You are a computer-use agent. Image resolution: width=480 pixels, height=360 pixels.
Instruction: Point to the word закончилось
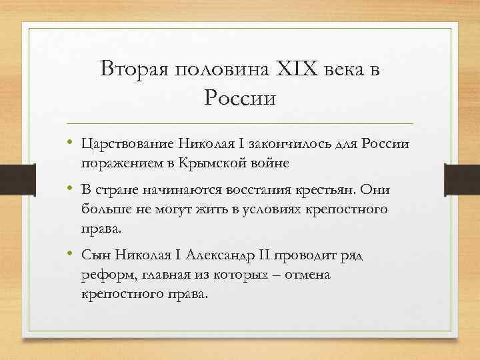click(x=289, y=144)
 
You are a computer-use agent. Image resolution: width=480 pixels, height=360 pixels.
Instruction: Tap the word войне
click(x=272, y=163)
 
